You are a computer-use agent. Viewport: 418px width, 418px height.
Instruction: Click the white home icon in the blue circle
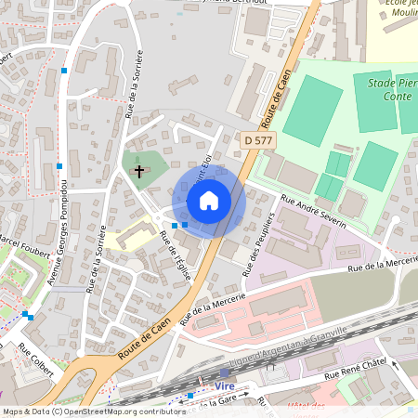(x=209, y=201)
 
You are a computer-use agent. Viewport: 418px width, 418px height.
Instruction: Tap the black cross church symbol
(x=140, y=171)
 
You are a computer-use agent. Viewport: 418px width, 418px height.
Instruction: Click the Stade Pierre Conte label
(x=389, y=89)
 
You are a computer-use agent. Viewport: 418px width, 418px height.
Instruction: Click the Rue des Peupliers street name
(x=250, y=252)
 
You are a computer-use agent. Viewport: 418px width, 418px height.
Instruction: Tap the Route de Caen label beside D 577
(x=277, y=101)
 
